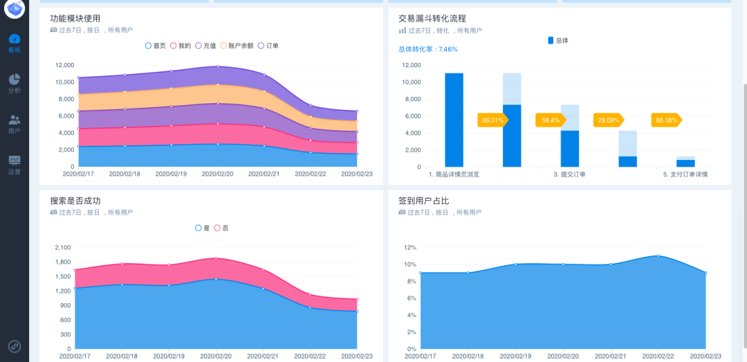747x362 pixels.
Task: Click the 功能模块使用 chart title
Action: (x=75, y=19)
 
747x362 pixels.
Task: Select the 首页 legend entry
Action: (x=156, y=46)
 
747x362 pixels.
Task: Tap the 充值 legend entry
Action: (x=205, y=46)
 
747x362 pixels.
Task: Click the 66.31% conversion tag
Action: (x=492, y=120)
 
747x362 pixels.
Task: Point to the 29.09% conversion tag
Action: (x=609, y=120)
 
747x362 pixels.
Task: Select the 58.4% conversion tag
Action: (x=551, y=120)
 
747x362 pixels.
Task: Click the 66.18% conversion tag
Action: (x=666, y=120)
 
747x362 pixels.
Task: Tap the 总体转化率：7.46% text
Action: (x=427, y=49)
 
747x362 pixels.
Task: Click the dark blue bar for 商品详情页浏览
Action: (x=454, y=119)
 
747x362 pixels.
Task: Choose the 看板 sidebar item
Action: (x=15, y=43)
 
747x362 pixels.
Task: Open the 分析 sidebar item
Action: (x=15, y=84)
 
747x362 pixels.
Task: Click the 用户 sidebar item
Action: (x=15, y=124)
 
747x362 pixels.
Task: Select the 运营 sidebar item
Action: (x=15, y=165)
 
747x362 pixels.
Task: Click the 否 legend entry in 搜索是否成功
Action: (x=221, y=228)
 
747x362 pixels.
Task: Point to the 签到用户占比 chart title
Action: (x=423, y=201)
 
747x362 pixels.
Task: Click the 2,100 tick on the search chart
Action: (x=62, y=247)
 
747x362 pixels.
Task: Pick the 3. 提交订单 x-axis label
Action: (x=569, y=174)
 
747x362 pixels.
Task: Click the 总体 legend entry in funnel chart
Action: (x=558, y=41)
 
